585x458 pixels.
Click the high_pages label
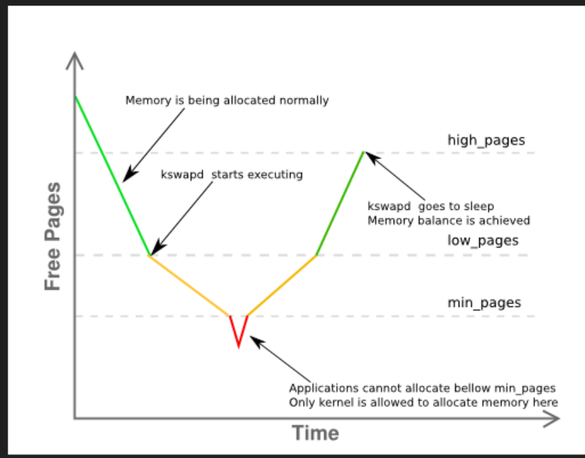point(486,140)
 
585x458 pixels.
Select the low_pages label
point(482,241)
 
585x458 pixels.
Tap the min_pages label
point(484,302)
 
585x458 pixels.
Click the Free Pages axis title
point(53,236)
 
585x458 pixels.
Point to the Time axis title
point(316,433)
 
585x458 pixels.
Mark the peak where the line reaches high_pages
point(363,152)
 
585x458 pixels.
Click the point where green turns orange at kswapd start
point(150,255)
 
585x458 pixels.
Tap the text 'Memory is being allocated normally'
point(227,100)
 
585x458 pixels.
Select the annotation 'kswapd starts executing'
point(231,174)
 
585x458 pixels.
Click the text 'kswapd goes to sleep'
point(431,206)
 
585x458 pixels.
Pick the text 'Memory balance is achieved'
point(449,220)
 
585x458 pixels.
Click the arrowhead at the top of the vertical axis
point(74,59)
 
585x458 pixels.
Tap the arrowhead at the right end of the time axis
point(552,418)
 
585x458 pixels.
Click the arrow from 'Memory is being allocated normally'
point(154,144)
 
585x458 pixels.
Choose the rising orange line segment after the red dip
point(281,286)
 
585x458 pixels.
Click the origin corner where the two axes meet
point(74,418)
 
